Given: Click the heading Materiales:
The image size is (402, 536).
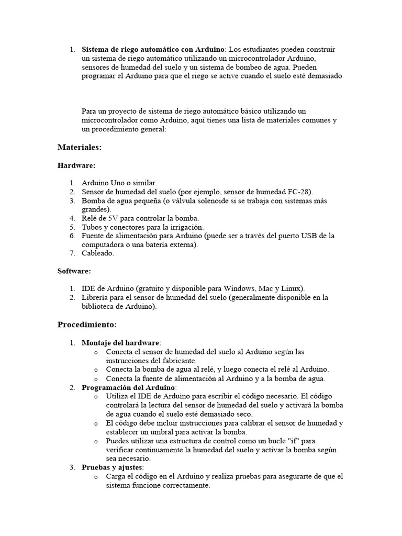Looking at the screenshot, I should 79,148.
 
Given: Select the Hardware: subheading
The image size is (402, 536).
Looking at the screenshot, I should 76,165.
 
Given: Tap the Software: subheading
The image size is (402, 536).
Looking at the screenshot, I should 74,271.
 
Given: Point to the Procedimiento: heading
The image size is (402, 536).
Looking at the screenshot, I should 87,324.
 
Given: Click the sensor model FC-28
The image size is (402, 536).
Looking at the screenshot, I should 300,192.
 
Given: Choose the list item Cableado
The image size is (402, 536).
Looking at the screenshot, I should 97,253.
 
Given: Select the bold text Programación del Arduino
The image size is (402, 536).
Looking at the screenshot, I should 128,387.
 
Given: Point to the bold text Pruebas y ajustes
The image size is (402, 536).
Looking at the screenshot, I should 112,467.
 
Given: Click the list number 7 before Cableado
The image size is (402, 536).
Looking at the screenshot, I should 72,253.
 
